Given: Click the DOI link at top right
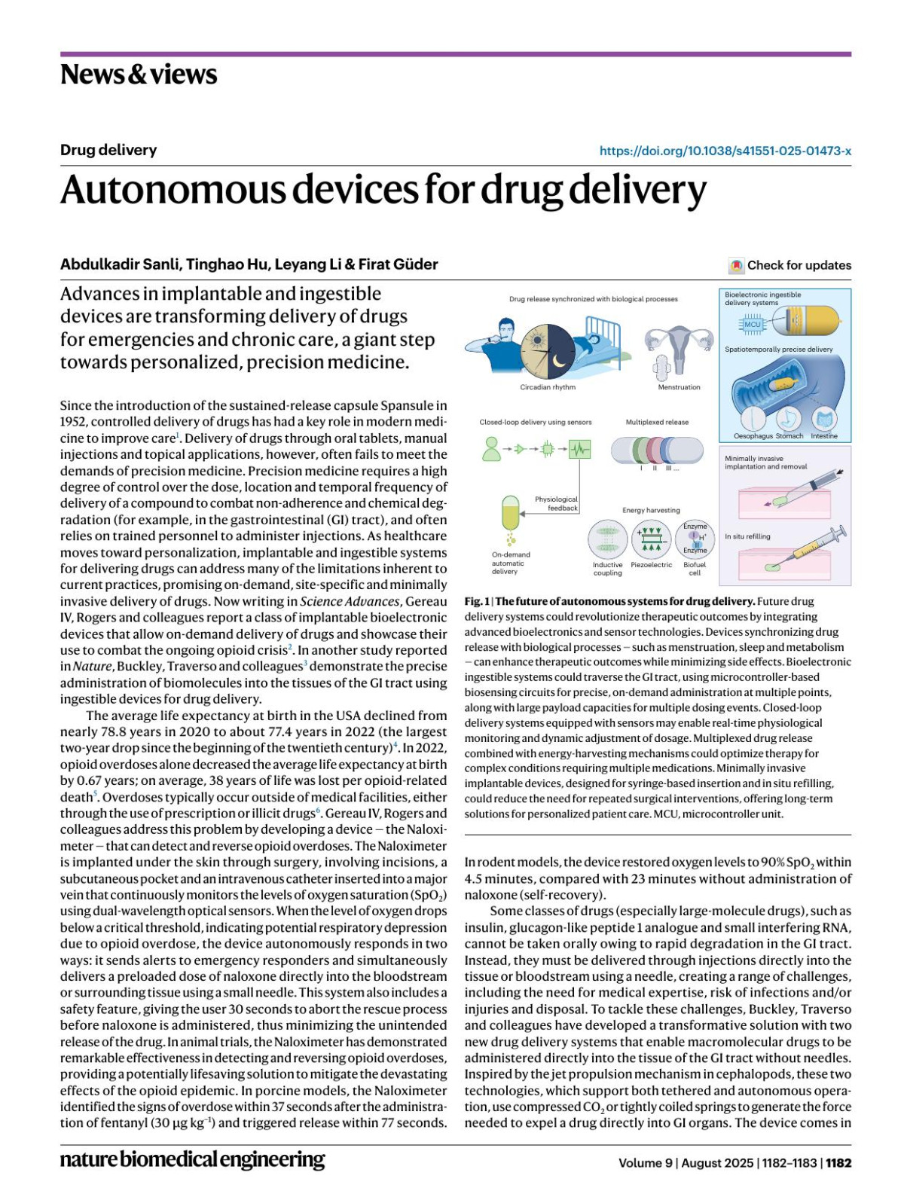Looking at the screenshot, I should (x=725, y=151).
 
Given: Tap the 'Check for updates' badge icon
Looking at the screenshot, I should (x=736, y=265).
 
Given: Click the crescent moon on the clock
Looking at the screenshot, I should (x=558, y=360).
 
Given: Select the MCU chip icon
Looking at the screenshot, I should (x=753, y=325).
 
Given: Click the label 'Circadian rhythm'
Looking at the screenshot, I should (x=548, y=387).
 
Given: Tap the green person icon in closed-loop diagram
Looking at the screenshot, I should (x=492, y=449).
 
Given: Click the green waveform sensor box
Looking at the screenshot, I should (x=579, y=449).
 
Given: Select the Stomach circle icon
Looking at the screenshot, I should (x=789, y=419).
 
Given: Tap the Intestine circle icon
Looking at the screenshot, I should (x=824, y=419).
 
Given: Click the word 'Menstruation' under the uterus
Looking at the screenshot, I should (x=679, y=387).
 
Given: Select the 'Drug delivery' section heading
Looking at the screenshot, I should (x=108, y=150).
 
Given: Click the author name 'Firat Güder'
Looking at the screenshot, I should (x=398, y=264).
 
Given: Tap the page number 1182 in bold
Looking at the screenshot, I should (x=838, y=1162).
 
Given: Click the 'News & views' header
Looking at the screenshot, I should (x=139, y=75).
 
